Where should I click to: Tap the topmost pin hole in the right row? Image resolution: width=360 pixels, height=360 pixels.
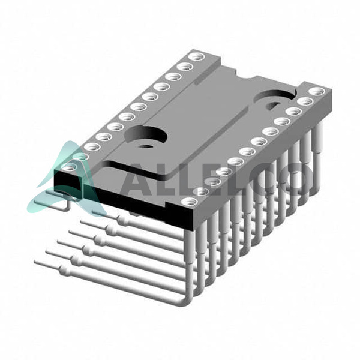tap(317, 91)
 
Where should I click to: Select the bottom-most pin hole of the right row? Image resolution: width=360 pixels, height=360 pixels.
tap(189, 202)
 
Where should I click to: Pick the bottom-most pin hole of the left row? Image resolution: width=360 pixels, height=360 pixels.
tap(69, 168)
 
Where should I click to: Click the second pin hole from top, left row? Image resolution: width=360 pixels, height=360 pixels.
tap(185, 67)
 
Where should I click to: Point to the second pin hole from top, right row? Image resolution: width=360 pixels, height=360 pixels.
tap(305, 101)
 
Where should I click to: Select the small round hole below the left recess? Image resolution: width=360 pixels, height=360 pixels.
tap(144, 146)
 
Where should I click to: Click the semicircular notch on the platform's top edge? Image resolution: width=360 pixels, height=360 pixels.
tap(245, 76)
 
